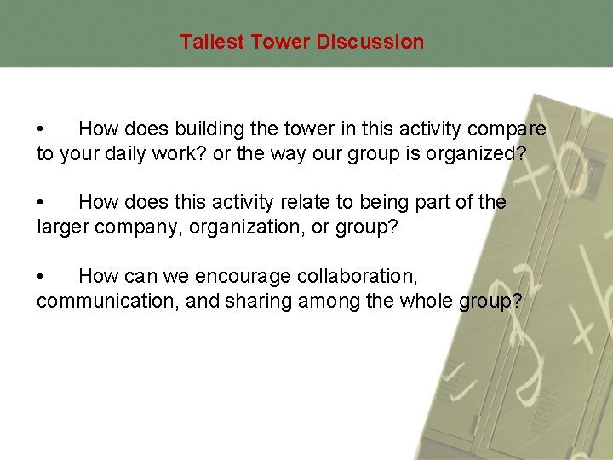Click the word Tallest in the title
212,42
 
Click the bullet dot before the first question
40,130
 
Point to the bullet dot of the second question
40,204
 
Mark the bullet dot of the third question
40,277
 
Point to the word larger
64,227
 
